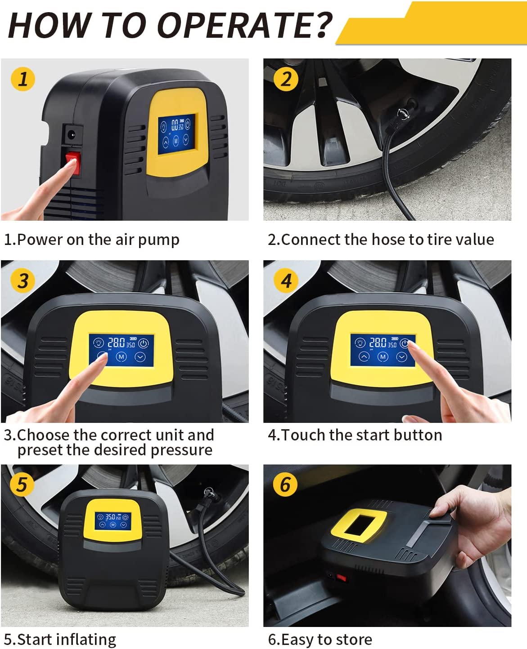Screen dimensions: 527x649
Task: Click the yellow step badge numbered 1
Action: (23, 79)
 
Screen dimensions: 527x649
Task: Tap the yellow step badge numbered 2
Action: (286, 79)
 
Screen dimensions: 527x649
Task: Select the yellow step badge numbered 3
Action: (23, 280)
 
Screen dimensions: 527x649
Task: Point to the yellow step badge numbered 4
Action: (286, 280)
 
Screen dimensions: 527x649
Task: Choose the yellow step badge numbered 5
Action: (22, 484)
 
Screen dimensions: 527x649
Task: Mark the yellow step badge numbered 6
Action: (285, 484)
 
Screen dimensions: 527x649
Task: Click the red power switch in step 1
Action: (73, 163)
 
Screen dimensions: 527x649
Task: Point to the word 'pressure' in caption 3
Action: (181, 450)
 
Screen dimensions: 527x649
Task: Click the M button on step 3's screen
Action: (122, 357)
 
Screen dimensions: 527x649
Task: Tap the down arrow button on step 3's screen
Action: (140, 357)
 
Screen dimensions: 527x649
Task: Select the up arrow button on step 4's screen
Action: (364, 356)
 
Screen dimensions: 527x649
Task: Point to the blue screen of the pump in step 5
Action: (113, 521)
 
